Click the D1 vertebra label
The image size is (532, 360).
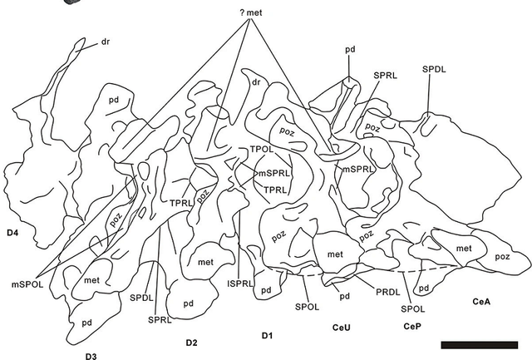(x=267, y=335)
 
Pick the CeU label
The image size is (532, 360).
(x=342, y=327)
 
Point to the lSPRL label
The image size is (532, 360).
(x=239, y=282)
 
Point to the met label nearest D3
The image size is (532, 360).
(x=91, y=280)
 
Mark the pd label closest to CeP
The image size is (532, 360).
(x=424, y=288)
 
